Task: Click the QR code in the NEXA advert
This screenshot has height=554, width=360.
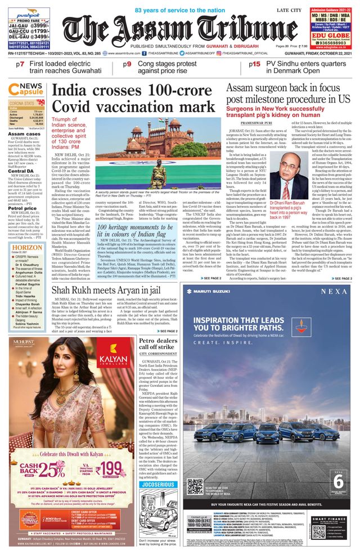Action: coord(195,485)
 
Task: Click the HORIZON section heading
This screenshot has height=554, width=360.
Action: coord(26,247)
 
